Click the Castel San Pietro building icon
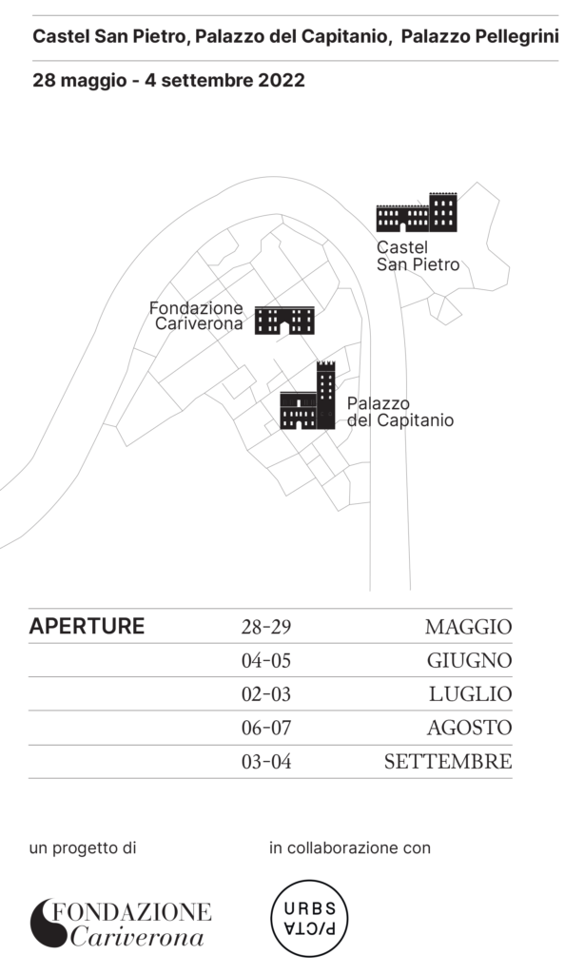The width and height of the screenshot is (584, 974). pos(417,212)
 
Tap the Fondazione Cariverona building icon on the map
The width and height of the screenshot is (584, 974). pos(284,321)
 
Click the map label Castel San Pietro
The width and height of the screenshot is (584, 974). pos(419,256)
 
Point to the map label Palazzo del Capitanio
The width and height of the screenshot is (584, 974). pos(400,412)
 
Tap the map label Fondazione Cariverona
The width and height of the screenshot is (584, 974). pos(196,316)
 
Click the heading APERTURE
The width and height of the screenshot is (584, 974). pos(87,626)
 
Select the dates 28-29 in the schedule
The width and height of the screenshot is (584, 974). pos(266,627)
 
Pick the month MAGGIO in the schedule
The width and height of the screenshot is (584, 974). pos(469,627)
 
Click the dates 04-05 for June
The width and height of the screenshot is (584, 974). pos(266,660)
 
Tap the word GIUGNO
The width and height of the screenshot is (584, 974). pos(470,660)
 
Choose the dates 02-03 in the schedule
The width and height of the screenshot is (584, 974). pos(266,693)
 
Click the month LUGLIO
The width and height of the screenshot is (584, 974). pos(471,693)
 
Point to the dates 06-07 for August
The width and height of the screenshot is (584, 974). pos(266,728)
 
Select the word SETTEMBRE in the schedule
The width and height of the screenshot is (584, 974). pos(448,762)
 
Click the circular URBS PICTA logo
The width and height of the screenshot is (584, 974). pos(309,918)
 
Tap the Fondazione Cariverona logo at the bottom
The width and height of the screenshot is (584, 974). pos(121,924)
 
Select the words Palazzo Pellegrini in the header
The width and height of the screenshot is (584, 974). pos(479,37)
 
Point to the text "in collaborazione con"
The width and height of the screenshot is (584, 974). pos(350,847)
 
